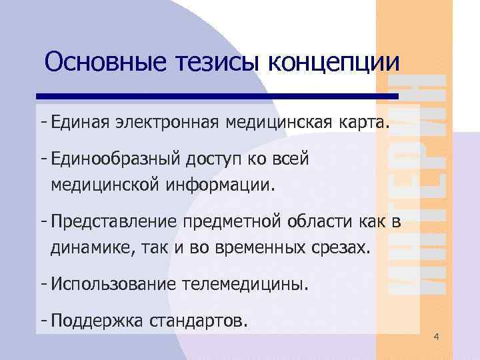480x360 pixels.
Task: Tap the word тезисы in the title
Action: tap(209, 63)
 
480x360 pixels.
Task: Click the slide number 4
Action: tap(436, 337)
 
